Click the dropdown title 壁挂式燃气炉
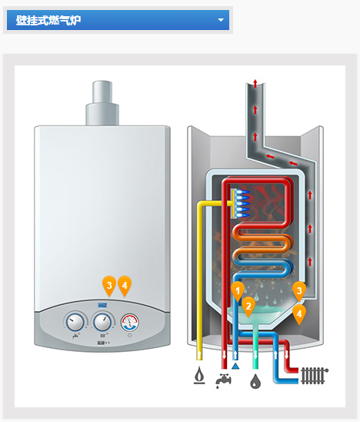pos(48,20)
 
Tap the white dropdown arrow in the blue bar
pos(221,20)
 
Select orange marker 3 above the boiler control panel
pos(109,286)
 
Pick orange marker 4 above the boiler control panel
pos(125,286)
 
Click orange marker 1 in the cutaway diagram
pos(238,291)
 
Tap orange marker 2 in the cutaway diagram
pos(248,306)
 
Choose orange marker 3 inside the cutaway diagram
pos(299,291)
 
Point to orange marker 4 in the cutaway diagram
pos(299,314)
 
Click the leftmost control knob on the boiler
pos(75,322)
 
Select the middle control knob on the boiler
pos(102,322)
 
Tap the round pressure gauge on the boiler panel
pos(129,323)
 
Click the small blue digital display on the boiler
pos(102,305)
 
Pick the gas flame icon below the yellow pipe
pos(199,375)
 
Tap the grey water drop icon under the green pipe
pos(255,380)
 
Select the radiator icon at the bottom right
pos(315,375)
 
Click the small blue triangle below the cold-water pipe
pos(235,366)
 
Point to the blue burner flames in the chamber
pos(242,204)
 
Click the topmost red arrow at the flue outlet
pos(255,83)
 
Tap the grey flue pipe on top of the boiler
pos(102,103)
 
